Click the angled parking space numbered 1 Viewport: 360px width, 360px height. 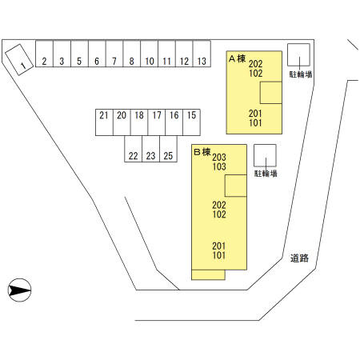click(x=19, y=60)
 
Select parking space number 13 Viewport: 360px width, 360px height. click(x=202, y=54)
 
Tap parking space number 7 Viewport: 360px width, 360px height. click(x=114, y=54)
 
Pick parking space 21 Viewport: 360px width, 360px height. click(x=104, y=122)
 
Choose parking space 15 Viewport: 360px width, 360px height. click(x=191, y=122)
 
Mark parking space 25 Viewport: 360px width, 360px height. click(x=168, y=149)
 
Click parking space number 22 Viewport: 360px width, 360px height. click(x=134, y=149)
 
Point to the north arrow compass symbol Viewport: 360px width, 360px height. click(x=19, y=290)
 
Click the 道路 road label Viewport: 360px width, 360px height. click(x=299, y=258)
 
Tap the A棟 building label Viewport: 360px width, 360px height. click(x=237, y=58)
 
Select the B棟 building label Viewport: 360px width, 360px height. click(x=202, y=152)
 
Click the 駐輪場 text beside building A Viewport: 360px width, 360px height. click(x=301, y=74)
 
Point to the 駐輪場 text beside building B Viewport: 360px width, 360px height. click(x=266, y=174)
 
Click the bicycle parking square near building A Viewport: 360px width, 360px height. click(x=298, y=55)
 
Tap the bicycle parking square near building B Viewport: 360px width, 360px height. click(x=265, y=156)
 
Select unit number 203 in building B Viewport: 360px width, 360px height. click(x=219, y=157)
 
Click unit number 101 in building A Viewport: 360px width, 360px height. click(x=255, y=123)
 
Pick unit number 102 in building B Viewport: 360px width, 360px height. click(x=219, y=214)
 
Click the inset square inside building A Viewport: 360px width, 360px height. click(x=271, y=93)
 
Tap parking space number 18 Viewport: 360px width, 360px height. click(x=139, y=122)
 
